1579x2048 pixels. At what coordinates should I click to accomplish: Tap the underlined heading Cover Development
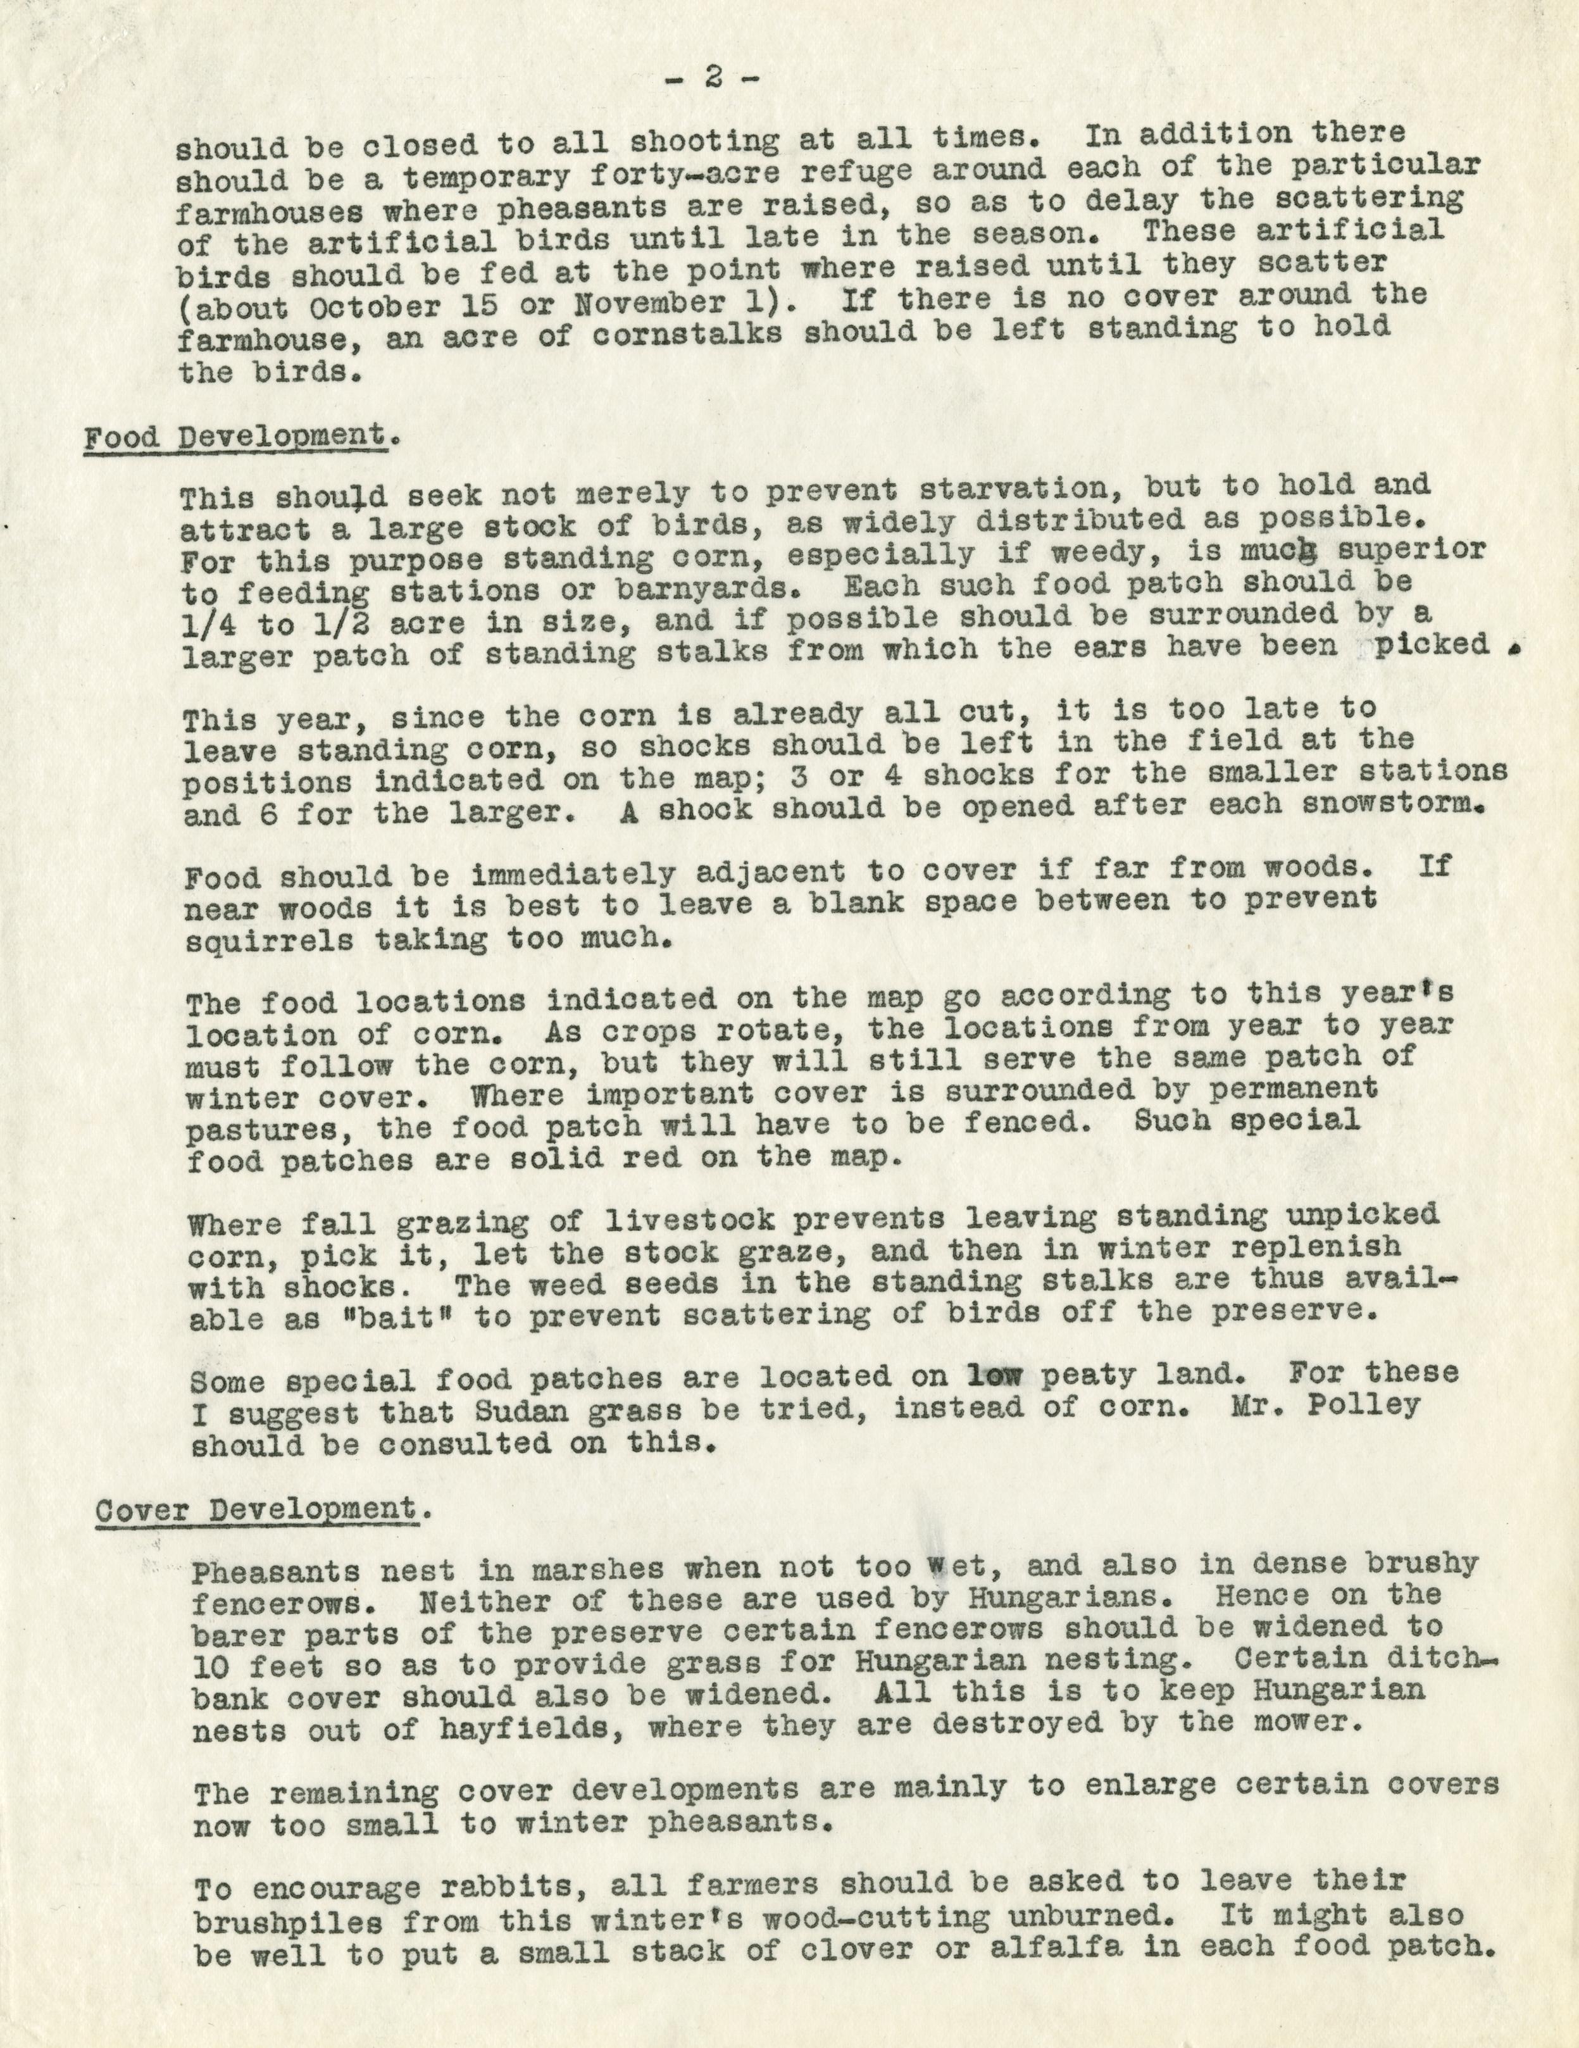click(x=254, y=1510)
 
